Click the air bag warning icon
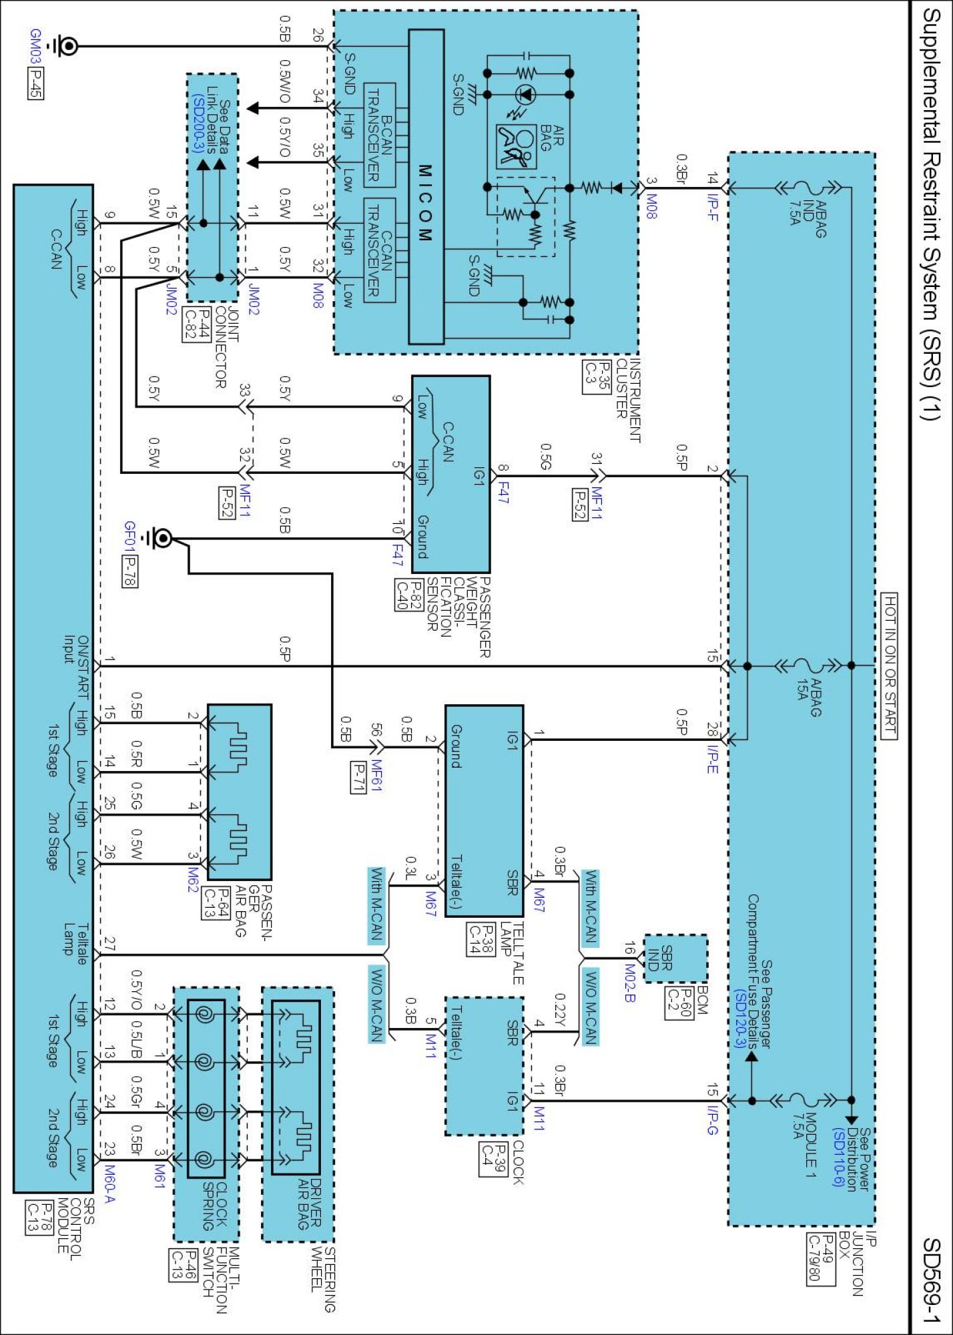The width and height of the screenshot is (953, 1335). [516, 146]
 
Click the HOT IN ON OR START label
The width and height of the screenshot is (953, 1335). [890, 665]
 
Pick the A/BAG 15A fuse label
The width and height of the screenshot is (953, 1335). [808, 697]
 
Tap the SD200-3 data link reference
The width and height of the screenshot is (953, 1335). [198, 124]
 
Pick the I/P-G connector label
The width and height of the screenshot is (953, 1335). [713, 1121]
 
